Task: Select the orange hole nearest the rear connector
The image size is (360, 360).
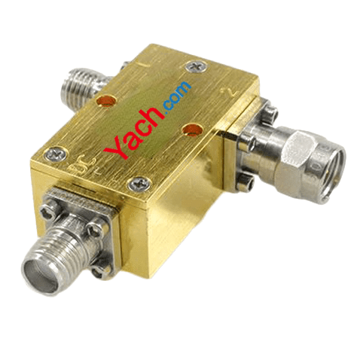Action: point(106,101)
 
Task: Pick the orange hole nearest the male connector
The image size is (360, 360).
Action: point(193,130)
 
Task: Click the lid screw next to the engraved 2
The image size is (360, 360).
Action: point(197,67)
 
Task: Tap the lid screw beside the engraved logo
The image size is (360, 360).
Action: point(56,154)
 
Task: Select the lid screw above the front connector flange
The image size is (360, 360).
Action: point(139,184)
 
